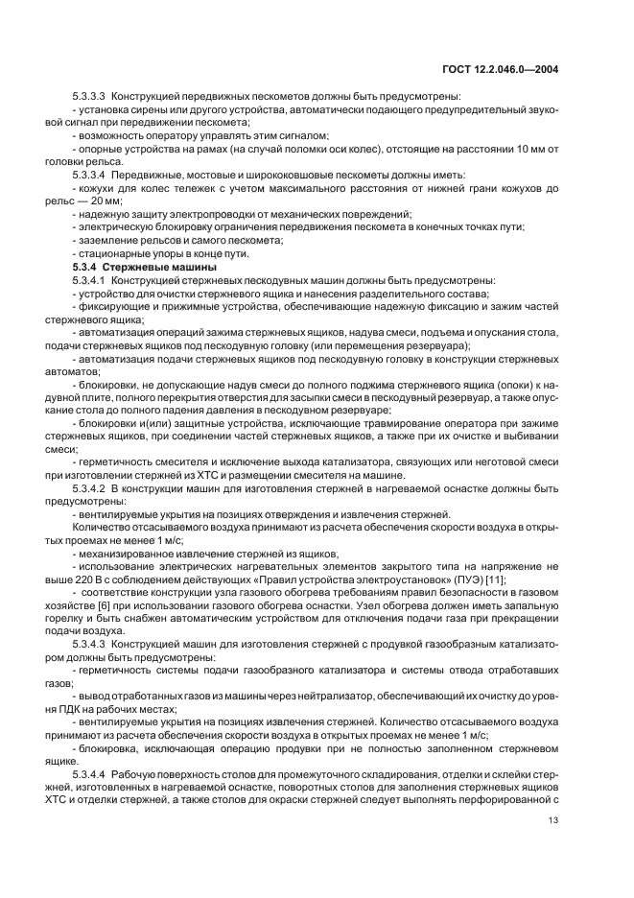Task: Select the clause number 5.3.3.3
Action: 89,97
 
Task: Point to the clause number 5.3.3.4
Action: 89,176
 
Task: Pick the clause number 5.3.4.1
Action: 89,279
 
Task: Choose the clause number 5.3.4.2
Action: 89,489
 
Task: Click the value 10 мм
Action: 531,150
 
